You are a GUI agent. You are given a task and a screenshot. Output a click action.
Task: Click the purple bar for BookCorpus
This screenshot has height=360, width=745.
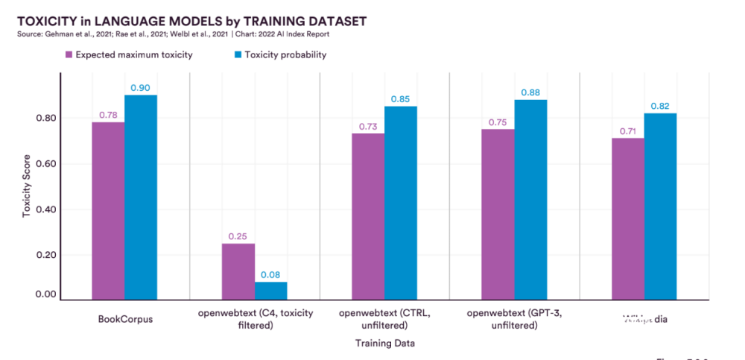pyautogui.click(x=108, y=211)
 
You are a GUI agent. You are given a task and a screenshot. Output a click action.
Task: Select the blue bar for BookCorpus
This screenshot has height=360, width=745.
pyautogui.click(x=141, y=198)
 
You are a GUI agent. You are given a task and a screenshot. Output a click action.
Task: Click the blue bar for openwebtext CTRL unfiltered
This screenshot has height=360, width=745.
pyautogui.click(x=400, y=203)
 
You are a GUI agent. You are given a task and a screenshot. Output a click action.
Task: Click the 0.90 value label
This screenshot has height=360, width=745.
pyautogui.click(x=141, y=88)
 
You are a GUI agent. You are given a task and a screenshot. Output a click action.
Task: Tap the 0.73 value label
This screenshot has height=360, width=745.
pyautogui.click(x=367, y=127)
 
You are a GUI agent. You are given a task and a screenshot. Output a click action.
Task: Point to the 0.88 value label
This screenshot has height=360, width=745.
pyautogui.click(x=530, y=92)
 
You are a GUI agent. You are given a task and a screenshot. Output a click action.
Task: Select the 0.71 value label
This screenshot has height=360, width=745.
pyautogui.click(x=627, y=131)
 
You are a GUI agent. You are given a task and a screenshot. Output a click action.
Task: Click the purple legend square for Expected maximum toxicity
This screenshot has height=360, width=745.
pyautogui.click(x=69, y=54)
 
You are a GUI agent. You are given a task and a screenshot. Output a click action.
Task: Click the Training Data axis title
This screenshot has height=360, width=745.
pyautogui.click(x=384, y=344)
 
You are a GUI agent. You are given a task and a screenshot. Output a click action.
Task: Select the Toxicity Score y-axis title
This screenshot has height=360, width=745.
pyautogui.click(x=27, y=186)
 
